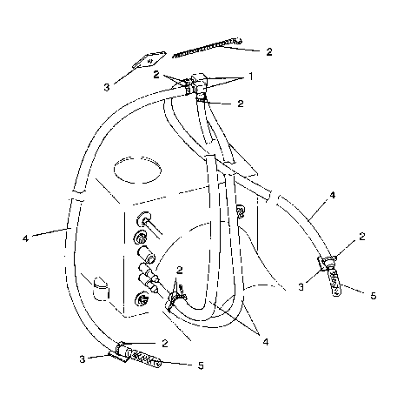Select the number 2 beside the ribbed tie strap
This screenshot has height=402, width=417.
pos(269,52)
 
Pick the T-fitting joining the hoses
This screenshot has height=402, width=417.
pos(200,87)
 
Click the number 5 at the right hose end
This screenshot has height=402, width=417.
pos(373,296)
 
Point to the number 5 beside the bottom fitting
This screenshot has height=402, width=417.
pos(200,365)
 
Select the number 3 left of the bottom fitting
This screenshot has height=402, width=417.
pos(83,357)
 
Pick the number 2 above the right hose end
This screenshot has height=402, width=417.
pos(361,237)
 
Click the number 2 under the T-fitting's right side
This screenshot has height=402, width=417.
pos(239,104)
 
